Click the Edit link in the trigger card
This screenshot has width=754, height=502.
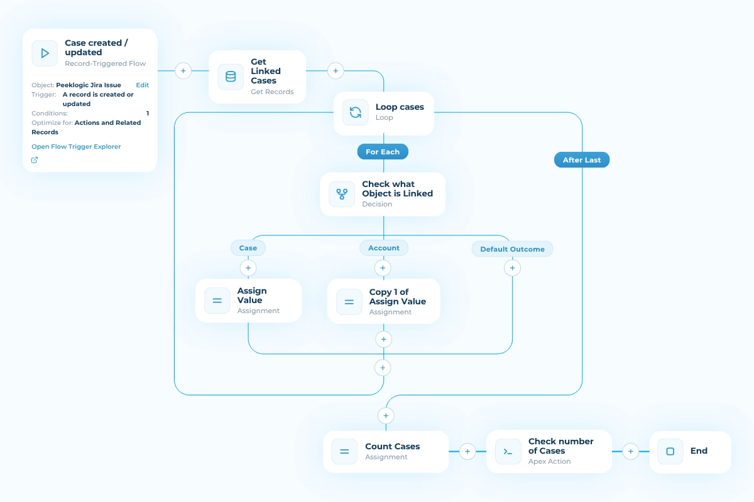click(x=143, y=85)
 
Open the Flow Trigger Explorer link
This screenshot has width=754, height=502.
click(x=76, y=147)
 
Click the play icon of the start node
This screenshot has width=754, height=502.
click(x=45, y=53)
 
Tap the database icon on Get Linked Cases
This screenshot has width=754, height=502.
click(x=231, y=77)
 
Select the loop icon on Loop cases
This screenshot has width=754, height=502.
click(x=356, y=112)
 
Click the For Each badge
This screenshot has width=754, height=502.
click(x=383, y=152)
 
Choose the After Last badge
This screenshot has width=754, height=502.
click(x=582, y=160)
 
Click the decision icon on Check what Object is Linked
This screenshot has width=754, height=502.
click(x=342, y=194)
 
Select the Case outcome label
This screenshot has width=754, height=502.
click(x=248, y=248)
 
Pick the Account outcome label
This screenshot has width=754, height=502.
click(x=384, y=248)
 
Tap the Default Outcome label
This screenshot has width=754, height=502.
click(x=512, y=249)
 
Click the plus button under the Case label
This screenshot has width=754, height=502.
click(x=248, y=268)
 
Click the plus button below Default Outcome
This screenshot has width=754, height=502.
click(x=512, y=268)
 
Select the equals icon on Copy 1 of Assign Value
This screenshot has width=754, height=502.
click(x=349, y=302)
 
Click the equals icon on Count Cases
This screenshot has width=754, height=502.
click(x=344, y=452)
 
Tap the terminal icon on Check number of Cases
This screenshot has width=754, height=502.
click(x=508, y=452)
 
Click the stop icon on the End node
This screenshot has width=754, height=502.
click(x=670, y=451)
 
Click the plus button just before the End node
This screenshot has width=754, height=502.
click(x=630, y=451)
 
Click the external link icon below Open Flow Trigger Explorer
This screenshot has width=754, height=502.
click(x=35, y=160)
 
